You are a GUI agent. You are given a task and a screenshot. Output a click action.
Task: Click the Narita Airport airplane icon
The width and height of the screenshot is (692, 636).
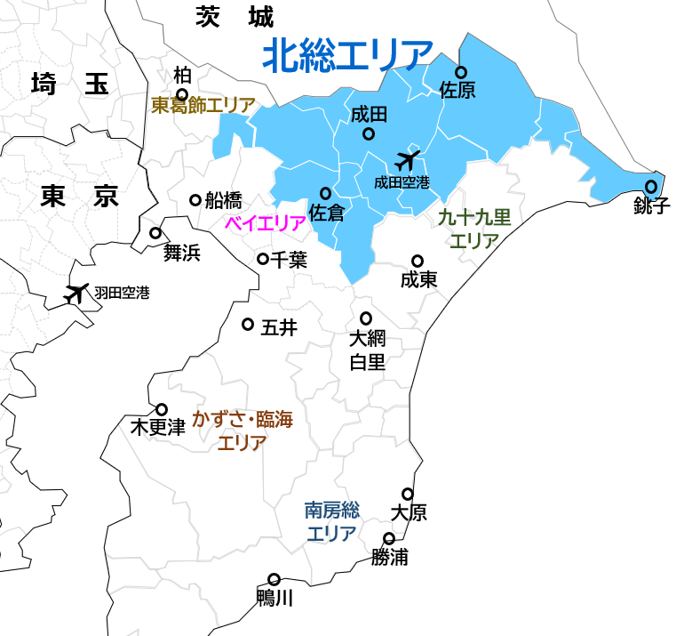(x=407, y=162)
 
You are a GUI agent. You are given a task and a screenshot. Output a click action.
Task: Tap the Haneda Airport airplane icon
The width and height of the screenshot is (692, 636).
(x=78, y=292)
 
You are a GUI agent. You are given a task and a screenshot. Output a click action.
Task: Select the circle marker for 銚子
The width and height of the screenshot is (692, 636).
(x=651, y=187)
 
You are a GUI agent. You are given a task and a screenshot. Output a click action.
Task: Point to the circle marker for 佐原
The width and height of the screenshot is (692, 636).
(x=461, y=72)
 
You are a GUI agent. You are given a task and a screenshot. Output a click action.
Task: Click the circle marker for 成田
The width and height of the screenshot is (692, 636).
(x=369, y=134)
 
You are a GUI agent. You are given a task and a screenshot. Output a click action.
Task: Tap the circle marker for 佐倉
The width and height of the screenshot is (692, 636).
(x=325, y=193)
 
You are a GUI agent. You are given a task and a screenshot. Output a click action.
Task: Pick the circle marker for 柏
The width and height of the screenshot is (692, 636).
(x=182, y=94)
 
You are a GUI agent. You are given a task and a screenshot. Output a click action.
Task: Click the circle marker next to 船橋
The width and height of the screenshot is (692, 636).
(x=195, y=200)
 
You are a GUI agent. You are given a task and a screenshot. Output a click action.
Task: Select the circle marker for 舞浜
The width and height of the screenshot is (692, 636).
(x=155, y=233)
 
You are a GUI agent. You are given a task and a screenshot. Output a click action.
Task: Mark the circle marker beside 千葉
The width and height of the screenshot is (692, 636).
(x=263, y=259)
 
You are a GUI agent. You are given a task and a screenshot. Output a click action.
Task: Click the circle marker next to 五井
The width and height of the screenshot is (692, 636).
(x=248, y=324)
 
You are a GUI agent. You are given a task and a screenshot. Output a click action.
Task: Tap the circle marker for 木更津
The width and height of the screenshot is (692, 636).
(x=162, y=409)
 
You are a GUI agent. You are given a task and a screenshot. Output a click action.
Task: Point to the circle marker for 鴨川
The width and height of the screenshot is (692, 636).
(x=274, y=579)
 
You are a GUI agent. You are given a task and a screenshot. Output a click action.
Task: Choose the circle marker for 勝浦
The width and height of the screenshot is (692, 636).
(x=389, y=538)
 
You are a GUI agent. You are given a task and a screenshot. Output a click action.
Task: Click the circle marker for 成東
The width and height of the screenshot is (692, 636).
(x=418, y=261)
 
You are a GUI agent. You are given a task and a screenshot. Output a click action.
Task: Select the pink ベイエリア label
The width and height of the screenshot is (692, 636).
(x=265, y=223)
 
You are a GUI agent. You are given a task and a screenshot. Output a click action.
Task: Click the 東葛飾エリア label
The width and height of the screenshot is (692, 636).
(x=203, y=105)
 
